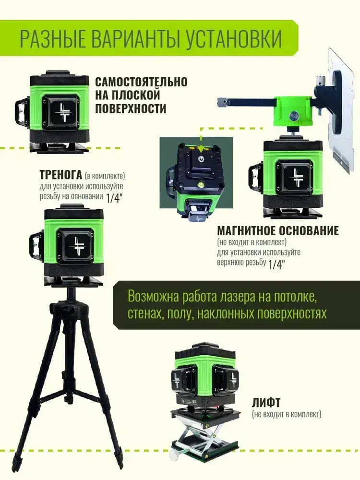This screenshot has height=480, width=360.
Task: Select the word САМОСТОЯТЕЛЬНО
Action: click(141, 82)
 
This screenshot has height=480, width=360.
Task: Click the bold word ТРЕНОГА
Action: click(61, 175)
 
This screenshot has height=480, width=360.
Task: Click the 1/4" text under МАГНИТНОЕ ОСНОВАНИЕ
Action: click(276, 264)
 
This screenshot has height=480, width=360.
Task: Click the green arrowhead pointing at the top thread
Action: click(201, 149)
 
